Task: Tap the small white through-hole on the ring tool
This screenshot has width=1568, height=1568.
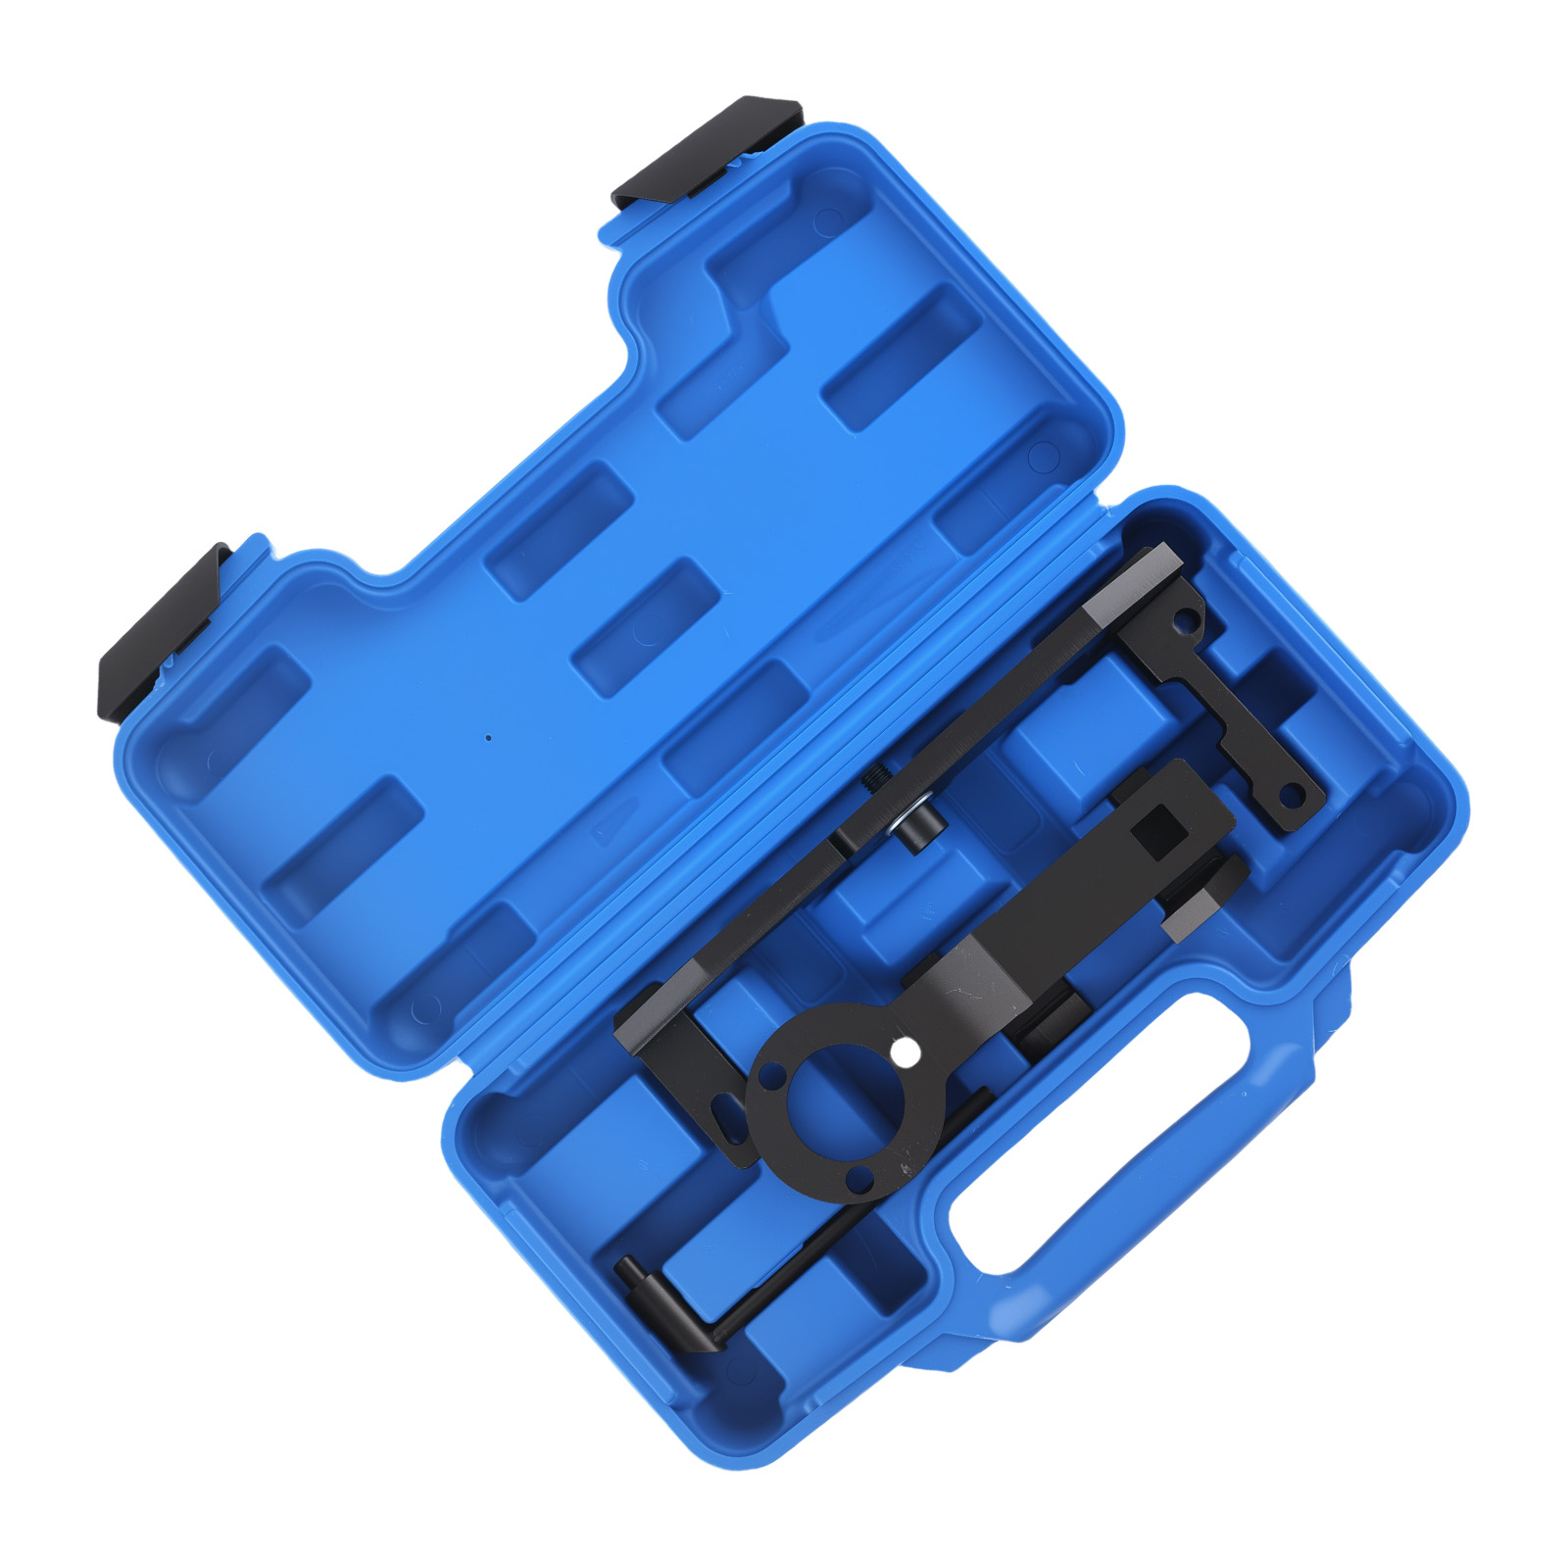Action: click(x=906, y=1054)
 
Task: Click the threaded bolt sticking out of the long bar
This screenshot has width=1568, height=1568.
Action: click(x=876, y=779)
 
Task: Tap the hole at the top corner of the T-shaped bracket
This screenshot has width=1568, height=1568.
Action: click(x=1187, y=620)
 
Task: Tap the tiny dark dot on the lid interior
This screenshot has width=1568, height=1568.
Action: click(x=489, y=737)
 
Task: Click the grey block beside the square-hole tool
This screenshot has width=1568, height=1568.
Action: click(x=1200, y=897)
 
